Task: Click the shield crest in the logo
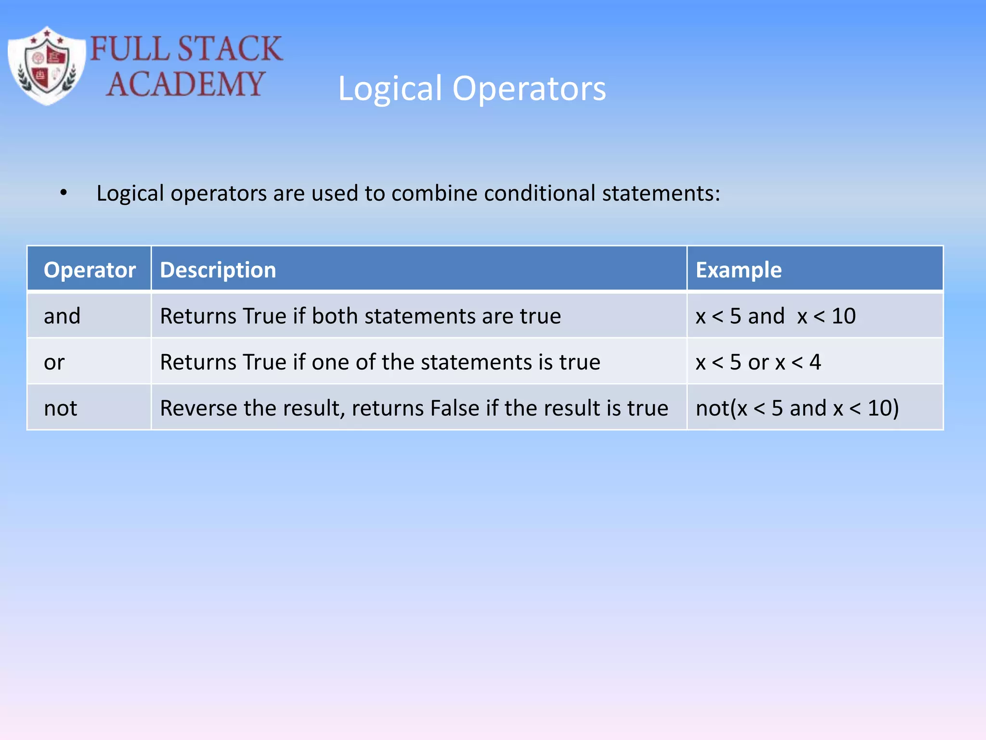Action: [x=47, y=66]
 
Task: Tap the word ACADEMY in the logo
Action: [x=185, y=84]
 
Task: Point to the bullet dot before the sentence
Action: [x=64, y=193]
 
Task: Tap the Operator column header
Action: [x=90, y=270]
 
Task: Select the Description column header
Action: [x=218, y=270]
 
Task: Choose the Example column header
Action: [x=738, y=270]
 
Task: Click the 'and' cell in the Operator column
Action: [x=62, y=316]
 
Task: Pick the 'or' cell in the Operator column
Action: [x=54, y=362]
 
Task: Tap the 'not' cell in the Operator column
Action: [x=60, y=409]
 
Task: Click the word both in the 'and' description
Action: [x=334, y=316]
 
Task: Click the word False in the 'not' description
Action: [x=454, y=409]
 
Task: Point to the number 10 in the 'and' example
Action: [x=843, y=316]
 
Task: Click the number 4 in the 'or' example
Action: [x=815, y=362]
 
